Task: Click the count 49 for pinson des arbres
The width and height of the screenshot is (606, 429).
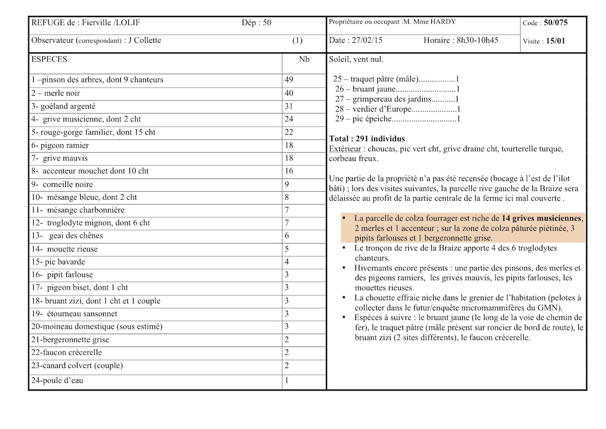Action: pos(289,80)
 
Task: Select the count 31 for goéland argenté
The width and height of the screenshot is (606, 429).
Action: pos(289,106)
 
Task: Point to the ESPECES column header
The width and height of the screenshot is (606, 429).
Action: pos(49,59)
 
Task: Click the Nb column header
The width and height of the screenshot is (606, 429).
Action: pos(304,59)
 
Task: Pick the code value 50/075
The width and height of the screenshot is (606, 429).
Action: pos(556,23)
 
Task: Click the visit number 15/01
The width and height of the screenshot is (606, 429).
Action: pos(556,41)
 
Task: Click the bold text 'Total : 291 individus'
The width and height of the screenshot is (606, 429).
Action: pos(367,139)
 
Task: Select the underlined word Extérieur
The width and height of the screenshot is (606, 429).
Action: pos(345,149)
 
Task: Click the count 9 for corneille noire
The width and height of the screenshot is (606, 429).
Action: pos(286,184)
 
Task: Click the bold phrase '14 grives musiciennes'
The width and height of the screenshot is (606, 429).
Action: pos(542,218)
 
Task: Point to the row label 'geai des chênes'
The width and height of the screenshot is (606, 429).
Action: pos(76,236)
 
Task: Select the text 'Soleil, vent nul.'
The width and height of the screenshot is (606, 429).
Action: pos(356,59)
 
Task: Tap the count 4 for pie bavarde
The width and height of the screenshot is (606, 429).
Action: pos(286,262)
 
